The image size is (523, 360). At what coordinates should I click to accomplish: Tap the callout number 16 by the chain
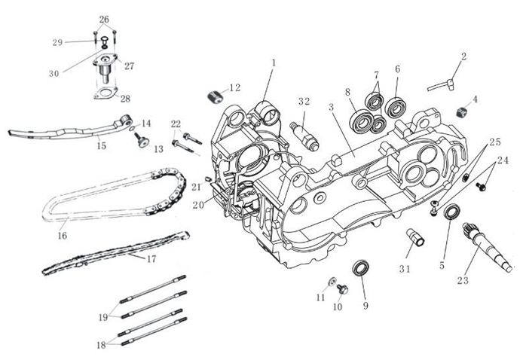tap(62, 236)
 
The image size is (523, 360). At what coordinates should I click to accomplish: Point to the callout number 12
tap(234, 88)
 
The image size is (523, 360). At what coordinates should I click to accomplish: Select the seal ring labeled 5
tap(453, 211)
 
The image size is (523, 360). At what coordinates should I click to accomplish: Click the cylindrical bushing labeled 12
tap(216, 96)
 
